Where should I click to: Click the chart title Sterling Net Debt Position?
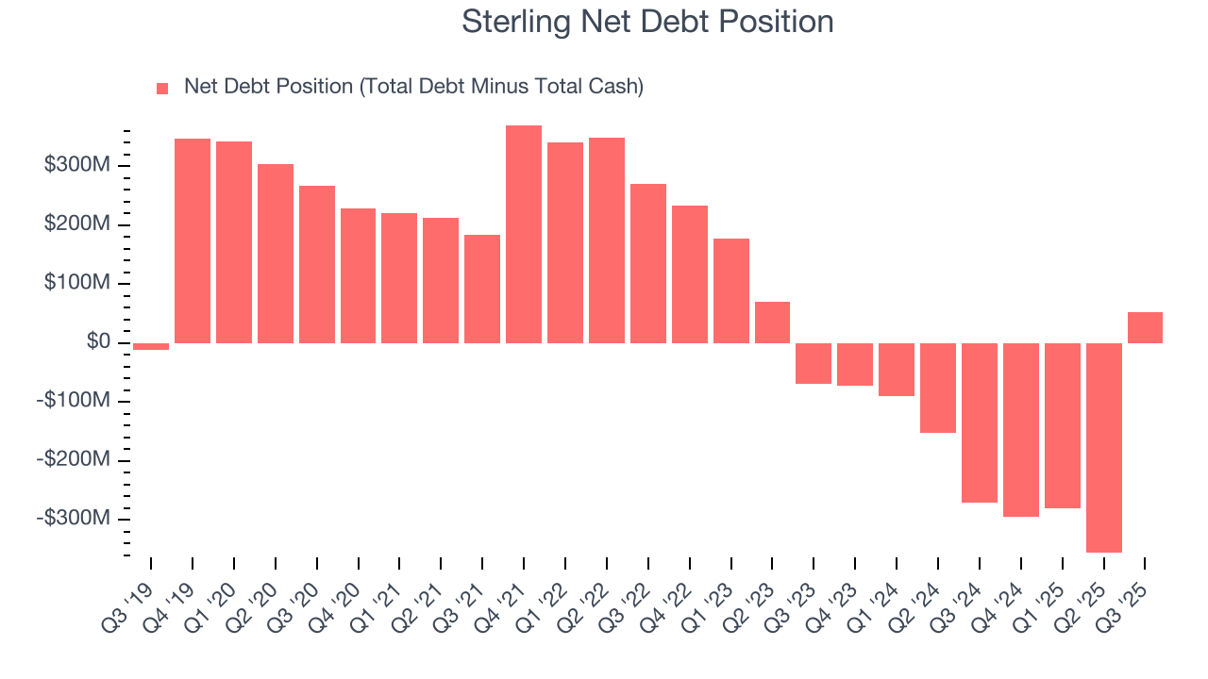pos(647,22)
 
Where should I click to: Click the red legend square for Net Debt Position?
pos(162,88)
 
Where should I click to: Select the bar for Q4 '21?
pos(524,234)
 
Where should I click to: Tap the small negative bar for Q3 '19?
pos(151,346)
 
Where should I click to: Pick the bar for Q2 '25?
pos(1103,447)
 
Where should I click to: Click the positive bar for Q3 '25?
pos(1145,327)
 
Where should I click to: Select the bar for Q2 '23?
pos(772,323)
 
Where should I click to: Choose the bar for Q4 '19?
pos(193,240)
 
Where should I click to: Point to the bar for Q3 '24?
pos(980,422)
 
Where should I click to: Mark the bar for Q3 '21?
pos(482,289)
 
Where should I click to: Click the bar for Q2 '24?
pos(938,387)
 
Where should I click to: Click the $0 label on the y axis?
pos(99,342)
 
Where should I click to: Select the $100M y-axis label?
pos(88,284)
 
